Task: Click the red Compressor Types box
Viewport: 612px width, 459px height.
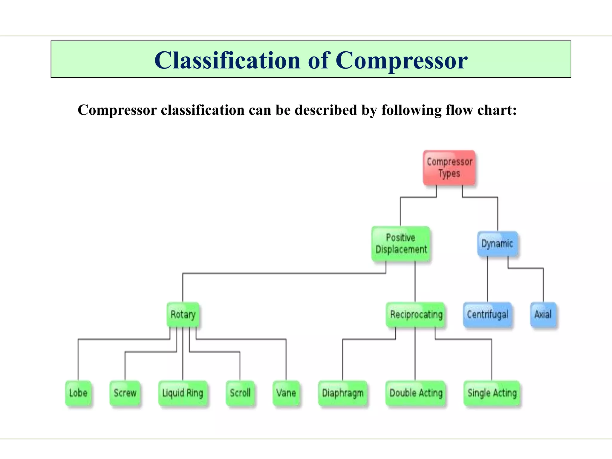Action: coord(449,168)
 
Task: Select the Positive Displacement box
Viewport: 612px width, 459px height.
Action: coord(401,244)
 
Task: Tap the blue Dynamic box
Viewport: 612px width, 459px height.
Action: coord(497,244)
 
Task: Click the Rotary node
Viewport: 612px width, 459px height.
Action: coord(183,314)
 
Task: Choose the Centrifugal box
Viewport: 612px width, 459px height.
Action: coord(487,314)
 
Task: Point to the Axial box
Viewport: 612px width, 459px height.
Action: coord(543,314)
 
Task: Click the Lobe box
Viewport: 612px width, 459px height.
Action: coord(78,393)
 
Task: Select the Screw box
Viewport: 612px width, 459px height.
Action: coord(125,393)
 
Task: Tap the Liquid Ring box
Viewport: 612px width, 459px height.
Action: coord(183,393)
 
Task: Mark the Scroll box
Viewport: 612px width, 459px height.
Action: coord(240,393)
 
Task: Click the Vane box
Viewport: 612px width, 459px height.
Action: coord(286,393)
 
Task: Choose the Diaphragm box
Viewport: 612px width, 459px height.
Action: coord(343,393)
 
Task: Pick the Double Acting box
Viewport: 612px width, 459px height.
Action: coord(416,393)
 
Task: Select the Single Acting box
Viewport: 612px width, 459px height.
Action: coord(492,393)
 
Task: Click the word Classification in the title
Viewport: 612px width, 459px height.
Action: coord(227,60)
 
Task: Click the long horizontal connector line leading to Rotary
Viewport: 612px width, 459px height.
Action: coord(284,273)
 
